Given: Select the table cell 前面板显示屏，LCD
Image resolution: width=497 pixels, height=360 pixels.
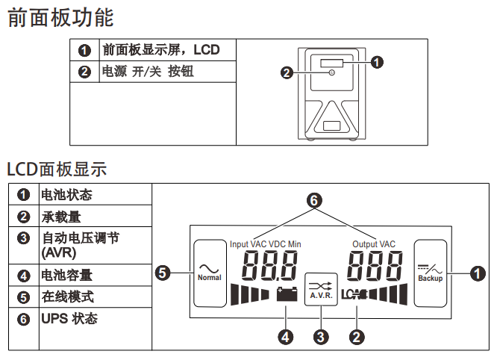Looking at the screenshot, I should [161, 50].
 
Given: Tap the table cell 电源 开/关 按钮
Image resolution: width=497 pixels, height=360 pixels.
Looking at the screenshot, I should [152, 72].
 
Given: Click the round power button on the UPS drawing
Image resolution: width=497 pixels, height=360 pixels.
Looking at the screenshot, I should [331, 72].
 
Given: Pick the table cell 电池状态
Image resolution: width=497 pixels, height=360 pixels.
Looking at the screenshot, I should [66, 195].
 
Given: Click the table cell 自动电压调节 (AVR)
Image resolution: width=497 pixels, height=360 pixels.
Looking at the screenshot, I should [79, 245].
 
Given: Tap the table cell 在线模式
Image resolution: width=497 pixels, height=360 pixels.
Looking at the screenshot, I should [66, 297].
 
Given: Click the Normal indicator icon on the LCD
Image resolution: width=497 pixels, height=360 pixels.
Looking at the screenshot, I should [210, 272].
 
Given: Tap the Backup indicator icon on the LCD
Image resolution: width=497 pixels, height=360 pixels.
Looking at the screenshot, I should [430, 272].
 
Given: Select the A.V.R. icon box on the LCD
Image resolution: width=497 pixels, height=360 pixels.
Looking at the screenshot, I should [322, 288].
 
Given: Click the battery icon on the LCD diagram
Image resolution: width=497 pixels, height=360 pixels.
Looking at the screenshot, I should [286, 293].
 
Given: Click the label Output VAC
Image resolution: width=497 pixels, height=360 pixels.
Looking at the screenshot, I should [374, 244].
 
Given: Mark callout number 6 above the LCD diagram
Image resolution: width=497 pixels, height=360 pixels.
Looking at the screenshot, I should [313, 201].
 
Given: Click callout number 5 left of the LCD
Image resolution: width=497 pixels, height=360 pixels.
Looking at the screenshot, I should [163, 273].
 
